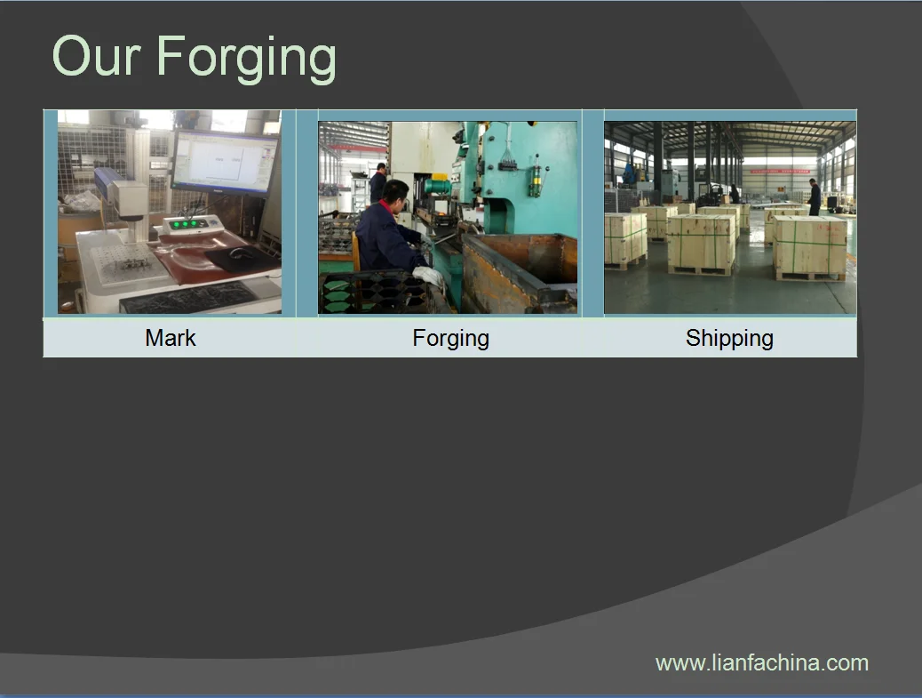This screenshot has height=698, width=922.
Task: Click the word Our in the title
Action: tap(97, 56)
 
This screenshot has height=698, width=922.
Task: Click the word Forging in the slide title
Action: tap(246, 59)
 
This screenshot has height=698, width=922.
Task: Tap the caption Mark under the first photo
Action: tap(170, 338)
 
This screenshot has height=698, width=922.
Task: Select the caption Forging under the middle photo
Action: tap(450, 339)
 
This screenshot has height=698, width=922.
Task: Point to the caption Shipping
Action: tap(729, 339)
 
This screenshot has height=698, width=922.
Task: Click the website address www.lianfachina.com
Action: tap(762, 663)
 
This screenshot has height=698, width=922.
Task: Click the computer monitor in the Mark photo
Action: tap(226, 162)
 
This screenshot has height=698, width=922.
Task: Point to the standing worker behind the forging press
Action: tap(378, 183)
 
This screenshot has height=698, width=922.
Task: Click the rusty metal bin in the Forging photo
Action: tap(518, 272)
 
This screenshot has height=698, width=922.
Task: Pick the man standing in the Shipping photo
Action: tap(815, 197)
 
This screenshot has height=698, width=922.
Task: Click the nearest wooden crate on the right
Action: tap(810, 248)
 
